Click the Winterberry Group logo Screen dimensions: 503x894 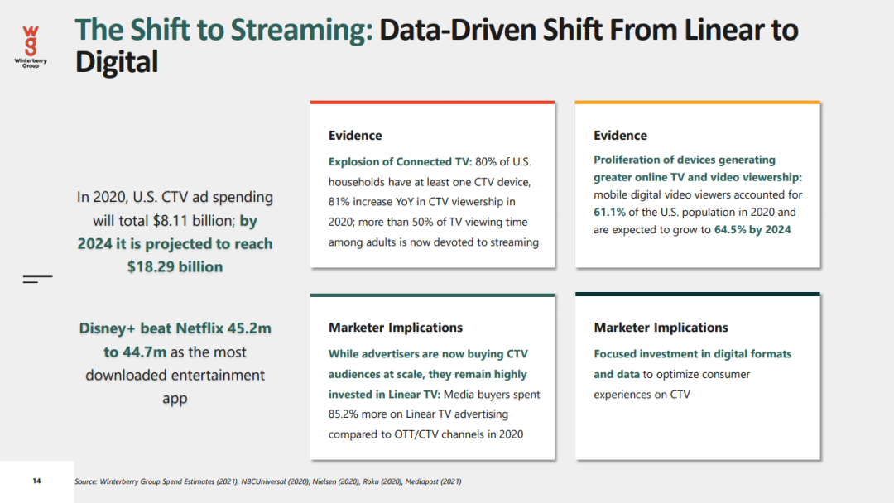pyautogui.click(x=31, y=45)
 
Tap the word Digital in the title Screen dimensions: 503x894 pyautogui.click(x=116, y=61)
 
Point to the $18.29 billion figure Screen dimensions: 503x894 pyautogui.click(x=175, y=266)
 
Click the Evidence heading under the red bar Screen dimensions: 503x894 pyautogui.click(x=355, y=136)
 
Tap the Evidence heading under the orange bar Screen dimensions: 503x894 pyautogui.click(x=620, y=136)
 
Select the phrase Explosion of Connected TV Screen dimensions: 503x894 pyautogui.click(x=399, y=161)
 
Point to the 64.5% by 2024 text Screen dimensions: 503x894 pyautogui.click(x=752, y=229)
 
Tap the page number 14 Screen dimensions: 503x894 pyautogui.click(x=36, y=481)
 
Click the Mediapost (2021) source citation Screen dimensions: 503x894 pyautogui.click(x=433, y=481)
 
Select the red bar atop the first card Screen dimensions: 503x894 pyautogui.click(x=432, y=103)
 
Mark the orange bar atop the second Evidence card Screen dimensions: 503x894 pyautogui.click(x=697, y=103)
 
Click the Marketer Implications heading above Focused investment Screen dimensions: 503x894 pyautogui.click(x=661, y=328)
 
